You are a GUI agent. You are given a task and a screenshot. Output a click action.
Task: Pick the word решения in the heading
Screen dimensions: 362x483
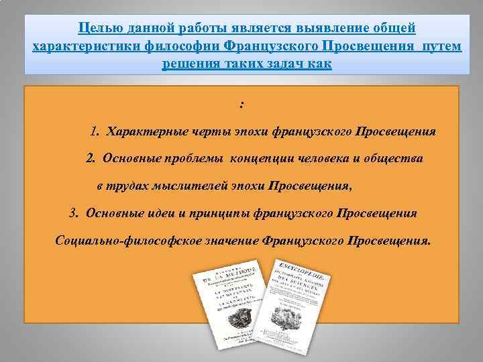coord(186,64)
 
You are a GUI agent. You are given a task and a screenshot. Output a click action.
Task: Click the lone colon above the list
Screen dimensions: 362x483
coord(241,105)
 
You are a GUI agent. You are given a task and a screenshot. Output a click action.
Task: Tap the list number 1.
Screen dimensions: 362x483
coord(95,131)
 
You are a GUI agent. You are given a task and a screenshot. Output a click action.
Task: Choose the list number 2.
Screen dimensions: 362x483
coord(91,158)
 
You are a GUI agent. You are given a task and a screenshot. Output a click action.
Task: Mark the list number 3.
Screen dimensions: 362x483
coord(74,213)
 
